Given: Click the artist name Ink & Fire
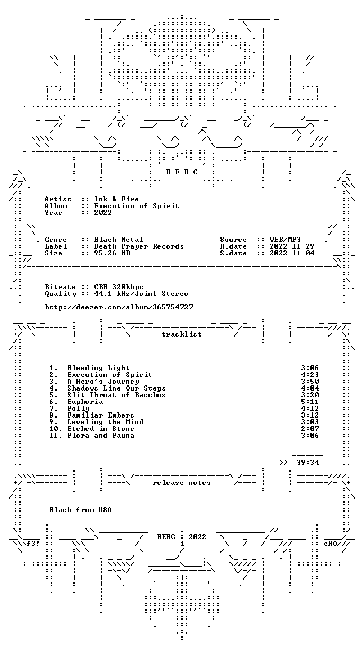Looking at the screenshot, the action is [116, 199].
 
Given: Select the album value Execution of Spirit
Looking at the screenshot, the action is [137, 206].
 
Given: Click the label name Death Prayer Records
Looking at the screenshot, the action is [139, 246].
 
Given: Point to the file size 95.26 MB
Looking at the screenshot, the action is [112, 253].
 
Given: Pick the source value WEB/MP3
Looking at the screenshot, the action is [285, 240].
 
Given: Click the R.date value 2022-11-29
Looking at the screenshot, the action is [292, 246].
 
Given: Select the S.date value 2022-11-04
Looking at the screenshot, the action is [292, 253].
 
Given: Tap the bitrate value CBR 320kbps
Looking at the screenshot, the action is [119, 287].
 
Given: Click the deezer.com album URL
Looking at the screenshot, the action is [119, 307].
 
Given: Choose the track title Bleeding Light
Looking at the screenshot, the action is [98, 368].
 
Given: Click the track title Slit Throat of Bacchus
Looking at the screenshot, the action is [116, 395].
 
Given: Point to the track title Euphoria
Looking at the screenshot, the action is [85, 402].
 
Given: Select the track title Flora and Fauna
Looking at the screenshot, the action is [101, 436].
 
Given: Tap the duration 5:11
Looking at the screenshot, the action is [310, 402].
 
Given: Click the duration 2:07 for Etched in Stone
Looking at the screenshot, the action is [310, 429].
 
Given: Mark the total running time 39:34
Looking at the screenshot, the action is [308, 463].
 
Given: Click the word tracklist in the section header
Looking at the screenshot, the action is [182, 334].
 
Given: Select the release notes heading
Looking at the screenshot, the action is [182, 483].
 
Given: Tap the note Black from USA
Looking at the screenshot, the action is [80, 510].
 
